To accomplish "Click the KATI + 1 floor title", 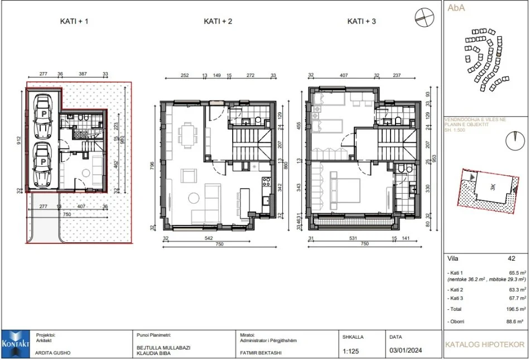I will click(74, 22).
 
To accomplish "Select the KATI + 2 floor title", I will click(218, 22).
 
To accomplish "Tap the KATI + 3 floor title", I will click(361, 22).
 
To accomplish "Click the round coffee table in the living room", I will click(194, 198).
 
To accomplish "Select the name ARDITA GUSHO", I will click(53, 353).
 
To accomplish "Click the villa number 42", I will click(511, 258).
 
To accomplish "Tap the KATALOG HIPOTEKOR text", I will click(485, 345).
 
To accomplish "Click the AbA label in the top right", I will click(456, 8).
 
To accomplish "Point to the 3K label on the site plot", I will click(492, 188).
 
